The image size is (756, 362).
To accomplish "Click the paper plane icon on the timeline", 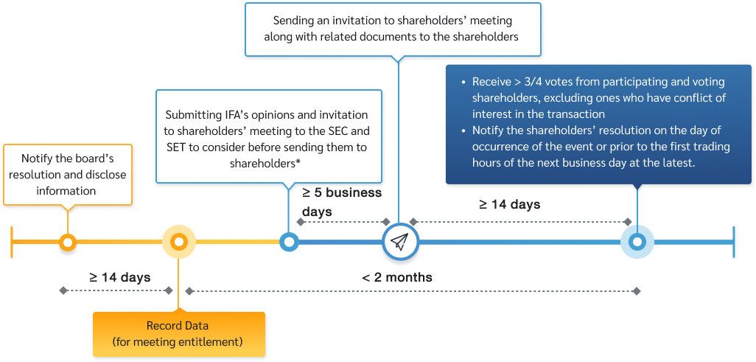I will click(399, 242).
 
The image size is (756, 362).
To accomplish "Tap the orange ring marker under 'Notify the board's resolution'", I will click(68, 242).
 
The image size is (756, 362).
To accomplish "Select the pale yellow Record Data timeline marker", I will click(178, 242).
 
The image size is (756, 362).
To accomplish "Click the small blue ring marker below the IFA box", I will click(289, 242).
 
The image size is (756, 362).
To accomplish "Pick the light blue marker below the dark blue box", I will click(637, 242).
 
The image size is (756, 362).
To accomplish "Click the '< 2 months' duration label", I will click(397, 278).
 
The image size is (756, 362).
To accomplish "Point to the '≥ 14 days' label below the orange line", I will click(120, 278).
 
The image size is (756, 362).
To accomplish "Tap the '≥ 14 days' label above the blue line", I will click(510, 204).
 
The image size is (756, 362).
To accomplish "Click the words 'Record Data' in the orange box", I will click(178, 326).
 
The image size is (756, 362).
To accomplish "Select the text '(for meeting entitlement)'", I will click(178, 341).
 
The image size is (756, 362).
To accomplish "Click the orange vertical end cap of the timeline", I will click(13, 242).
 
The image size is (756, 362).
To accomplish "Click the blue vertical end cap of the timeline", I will click(735, 242).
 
